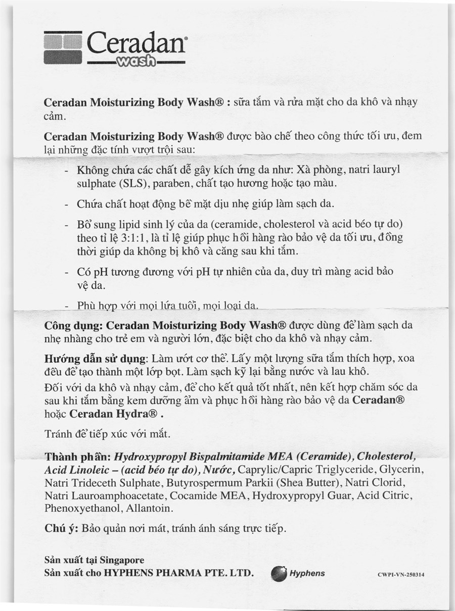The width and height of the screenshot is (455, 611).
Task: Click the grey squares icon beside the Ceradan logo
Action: (x=63, y=48)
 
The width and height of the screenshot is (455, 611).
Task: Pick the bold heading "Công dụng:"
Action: (x=74, y=325)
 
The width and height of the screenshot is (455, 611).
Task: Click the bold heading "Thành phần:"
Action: (x=77, y=457)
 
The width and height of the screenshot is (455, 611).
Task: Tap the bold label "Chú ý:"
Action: (x=61, y=529)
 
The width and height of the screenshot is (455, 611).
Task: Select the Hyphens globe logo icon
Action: (x=279, y=574)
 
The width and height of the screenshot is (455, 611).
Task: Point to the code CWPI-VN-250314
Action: (x=404, y=575)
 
